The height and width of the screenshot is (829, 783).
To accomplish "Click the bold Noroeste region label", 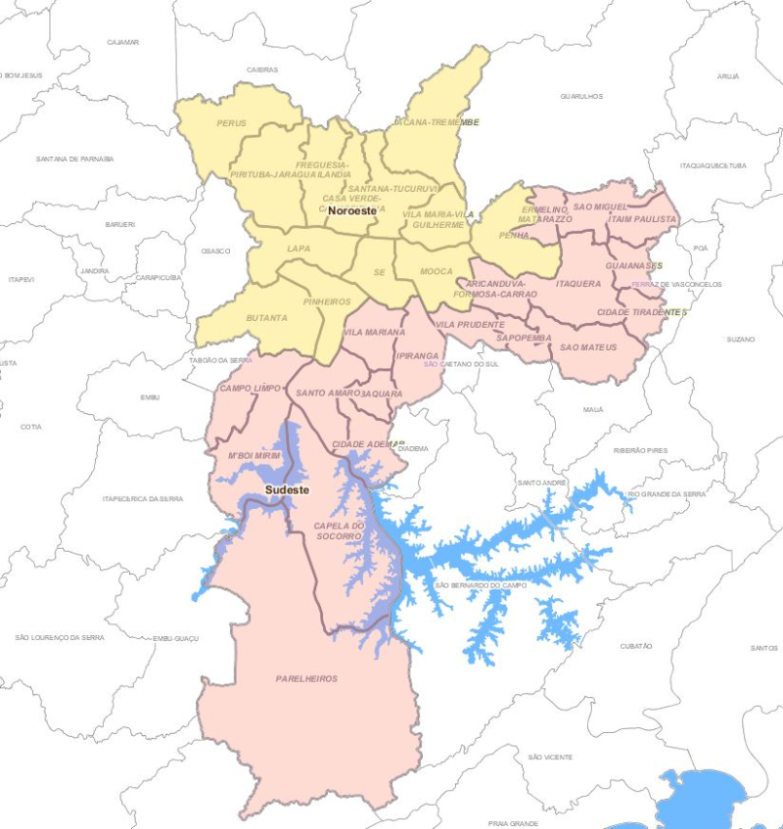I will (352, 210).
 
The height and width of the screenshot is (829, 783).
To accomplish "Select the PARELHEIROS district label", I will (306, 678).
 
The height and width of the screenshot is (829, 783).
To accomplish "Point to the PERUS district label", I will (232, 123).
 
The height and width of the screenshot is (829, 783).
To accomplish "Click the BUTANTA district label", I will (266, 318).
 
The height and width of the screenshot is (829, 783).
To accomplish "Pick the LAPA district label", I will (299, 249).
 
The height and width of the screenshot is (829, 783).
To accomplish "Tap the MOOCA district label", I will (436, 270).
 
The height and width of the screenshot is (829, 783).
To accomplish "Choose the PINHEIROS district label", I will (327, 301).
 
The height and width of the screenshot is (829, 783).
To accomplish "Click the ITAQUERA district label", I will (577, 283).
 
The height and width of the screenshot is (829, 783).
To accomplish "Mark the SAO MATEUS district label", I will (588, 347).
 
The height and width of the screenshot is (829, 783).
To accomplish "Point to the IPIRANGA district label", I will (416, 356).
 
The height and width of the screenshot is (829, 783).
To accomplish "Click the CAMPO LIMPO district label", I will (250, 389).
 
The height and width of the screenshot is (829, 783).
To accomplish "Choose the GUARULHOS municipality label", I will (581, 96).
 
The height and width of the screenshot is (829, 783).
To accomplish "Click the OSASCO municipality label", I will (215, 251).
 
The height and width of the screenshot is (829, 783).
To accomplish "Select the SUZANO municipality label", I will (741, 339).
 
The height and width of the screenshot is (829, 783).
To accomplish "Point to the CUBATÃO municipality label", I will (636, 646).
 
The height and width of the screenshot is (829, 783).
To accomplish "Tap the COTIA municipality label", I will (31, 427).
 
